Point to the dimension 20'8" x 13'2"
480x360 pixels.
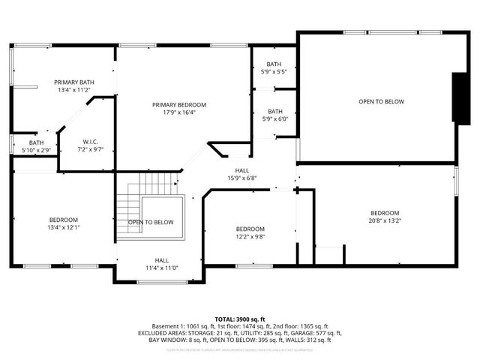pyautogui.click(x=384, y=220)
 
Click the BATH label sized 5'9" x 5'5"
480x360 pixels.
pyautogui.click(x=274, y=64)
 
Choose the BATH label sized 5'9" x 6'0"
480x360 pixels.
pyautogui.click(x=274, y=111)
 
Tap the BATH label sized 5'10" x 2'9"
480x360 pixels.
pyautogui.click(x=37, y=142)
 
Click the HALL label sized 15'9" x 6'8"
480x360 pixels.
pyautogui.click(x=242, y=170)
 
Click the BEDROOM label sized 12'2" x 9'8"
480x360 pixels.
pyautogui.click(x=250, y=229)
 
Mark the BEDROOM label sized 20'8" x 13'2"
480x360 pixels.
pyautogui.click(x=384, y=213)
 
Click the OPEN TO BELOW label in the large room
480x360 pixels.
pyautogui.click(x=381, y=101)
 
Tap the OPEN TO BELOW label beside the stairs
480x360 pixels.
pyautogui.click(x=151, y=222)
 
